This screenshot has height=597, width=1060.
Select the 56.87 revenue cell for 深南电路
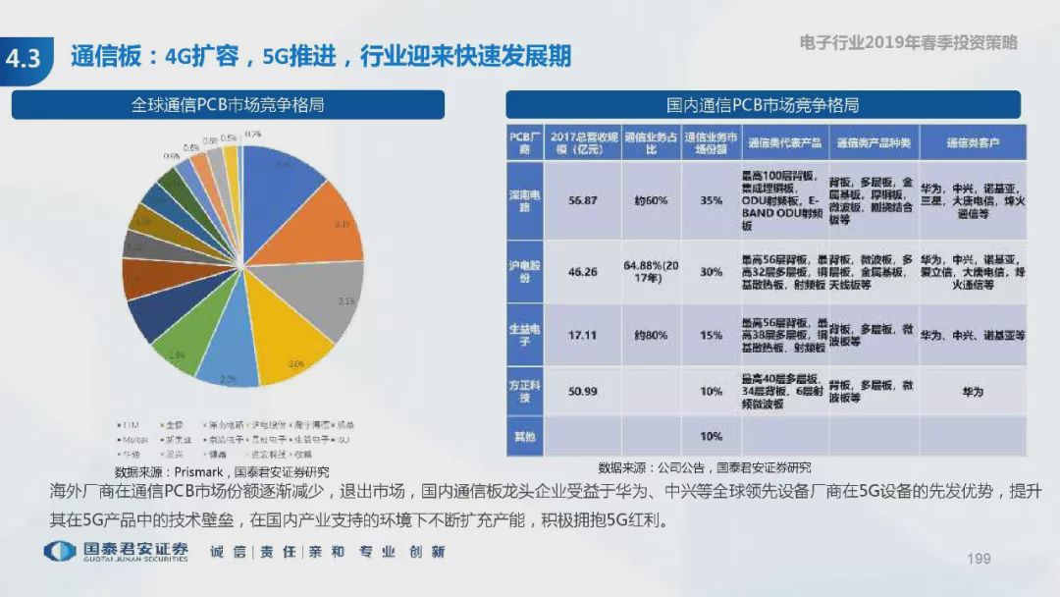click(582, 200)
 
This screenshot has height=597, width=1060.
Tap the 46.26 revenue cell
click(582, 272)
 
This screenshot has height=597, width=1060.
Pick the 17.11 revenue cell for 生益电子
click(582, 335)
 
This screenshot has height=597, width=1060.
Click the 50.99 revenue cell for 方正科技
click(582, 392)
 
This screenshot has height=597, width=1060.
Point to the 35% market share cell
click(712, 200)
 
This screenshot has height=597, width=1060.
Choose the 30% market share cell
click(712, 272)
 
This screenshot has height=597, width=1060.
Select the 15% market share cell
click(712, 335)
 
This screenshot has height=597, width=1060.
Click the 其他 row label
click(524, 435)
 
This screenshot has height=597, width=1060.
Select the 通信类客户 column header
click(972, 143)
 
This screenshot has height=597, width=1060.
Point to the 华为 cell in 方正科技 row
click(972, 392)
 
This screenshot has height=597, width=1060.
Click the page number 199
click(979, 559)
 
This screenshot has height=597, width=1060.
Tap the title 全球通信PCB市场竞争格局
click(228, 105)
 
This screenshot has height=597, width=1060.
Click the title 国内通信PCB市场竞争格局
click(763, 105)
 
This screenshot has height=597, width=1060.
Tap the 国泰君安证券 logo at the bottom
click(117, 551)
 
